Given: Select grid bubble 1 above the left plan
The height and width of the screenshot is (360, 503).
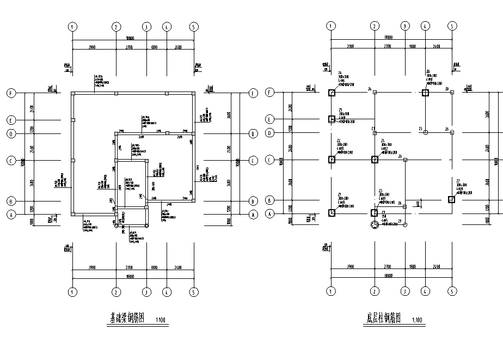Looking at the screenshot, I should click(72, 26).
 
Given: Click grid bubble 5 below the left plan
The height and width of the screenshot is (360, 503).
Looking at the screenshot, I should click(193, 292).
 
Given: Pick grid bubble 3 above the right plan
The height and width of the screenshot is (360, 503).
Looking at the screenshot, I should click(405, 26).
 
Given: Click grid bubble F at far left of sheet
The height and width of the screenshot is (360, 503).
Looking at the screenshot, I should click(10, 93).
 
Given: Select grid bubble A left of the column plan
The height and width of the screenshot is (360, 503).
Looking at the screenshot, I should click(268, 214).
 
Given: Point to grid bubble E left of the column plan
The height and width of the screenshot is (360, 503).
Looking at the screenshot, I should click(268, 119).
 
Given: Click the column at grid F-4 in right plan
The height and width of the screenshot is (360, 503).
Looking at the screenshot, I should click(425, 93).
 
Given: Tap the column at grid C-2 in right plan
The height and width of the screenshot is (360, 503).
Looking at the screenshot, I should click(375, 160).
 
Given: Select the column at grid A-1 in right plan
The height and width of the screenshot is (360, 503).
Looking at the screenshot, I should click(332, 212).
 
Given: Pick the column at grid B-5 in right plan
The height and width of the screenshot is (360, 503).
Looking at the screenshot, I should click(451, 200).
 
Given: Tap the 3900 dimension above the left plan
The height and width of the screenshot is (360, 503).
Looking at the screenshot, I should click(93, 47).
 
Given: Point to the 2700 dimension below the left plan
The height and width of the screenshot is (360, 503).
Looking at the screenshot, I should click(131, 268).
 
